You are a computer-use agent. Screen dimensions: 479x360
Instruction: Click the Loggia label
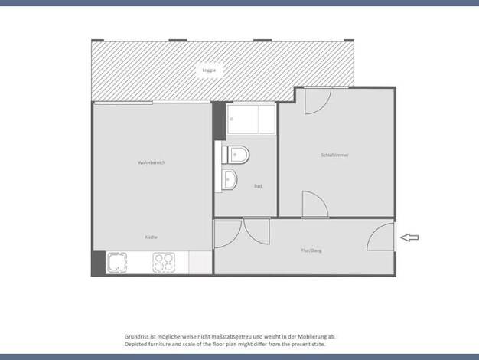click(x=209, y=70)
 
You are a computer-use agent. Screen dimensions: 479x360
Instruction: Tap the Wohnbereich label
click(x=152, y=162)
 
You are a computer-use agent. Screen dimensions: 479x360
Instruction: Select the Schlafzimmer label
click(x=335, y=155)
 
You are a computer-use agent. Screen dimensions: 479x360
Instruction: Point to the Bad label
click(x=258, y=186)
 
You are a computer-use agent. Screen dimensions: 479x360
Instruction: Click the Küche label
click(x=152, y=237)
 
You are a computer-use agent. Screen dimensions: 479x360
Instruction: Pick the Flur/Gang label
click(x=311, y=250)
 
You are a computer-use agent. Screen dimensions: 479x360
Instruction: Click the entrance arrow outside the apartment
click(x=409, y=237)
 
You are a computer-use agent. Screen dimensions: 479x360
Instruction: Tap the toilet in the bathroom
click(x=235, y=155)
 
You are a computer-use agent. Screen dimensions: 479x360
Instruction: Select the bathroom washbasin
click(x=229, y=179)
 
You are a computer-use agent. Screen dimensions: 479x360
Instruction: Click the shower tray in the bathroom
click(x=251, y=119)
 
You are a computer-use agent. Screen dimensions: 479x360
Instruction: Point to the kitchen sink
click(x=117, y=263)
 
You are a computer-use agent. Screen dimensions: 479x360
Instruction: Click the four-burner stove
click(x=164, y=263)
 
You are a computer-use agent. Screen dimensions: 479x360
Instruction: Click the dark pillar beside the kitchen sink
click(x=99, y=263)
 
